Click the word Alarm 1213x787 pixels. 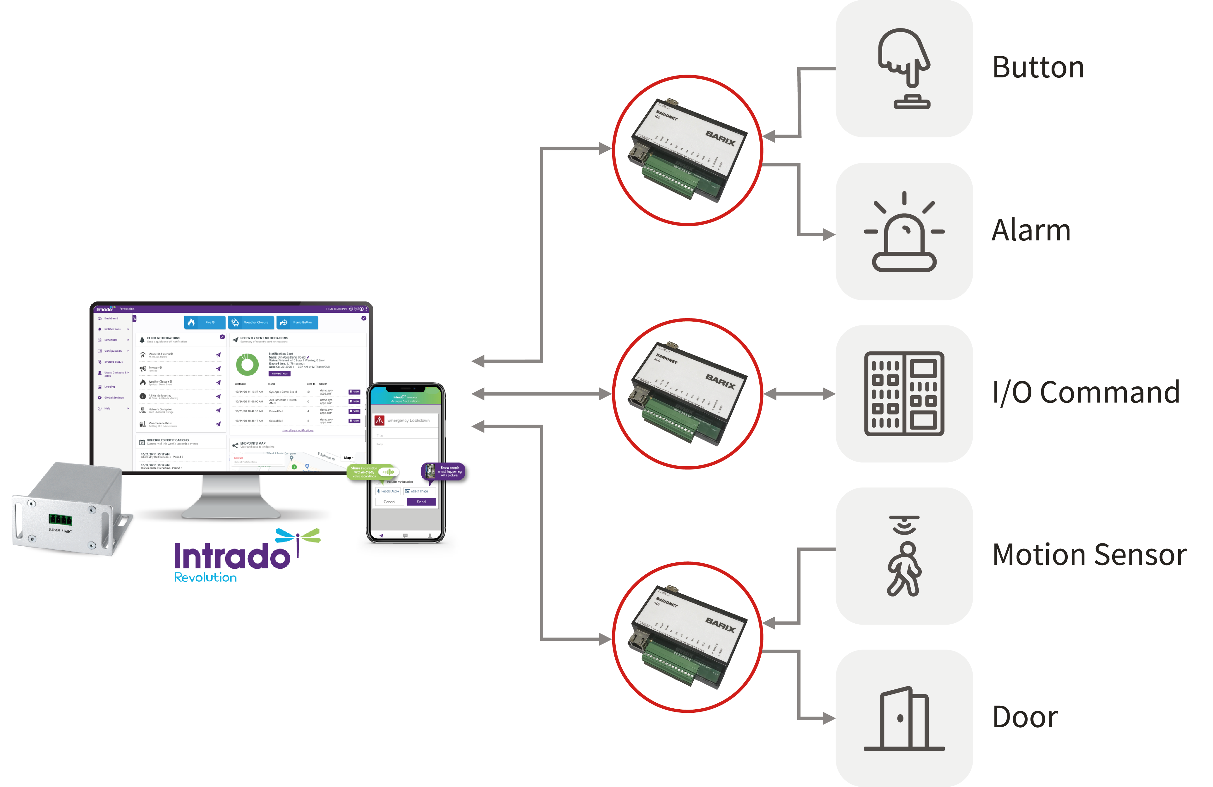1030,230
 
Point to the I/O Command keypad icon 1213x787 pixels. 904,394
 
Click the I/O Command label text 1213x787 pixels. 1086,392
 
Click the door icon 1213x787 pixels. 904,719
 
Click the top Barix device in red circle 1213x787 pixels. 688,150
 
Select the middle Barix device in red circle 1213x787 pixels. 688,394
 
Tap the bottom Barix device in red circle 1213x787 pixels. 688,637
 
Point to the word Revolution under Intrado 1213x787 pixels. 205,578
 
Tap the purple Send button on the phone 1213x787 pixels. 421,502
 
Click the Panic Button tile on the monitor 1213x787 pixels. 297,323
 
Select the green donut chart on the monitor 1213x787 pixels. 247,365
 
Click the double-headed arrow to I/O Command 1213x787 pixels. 799,394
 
